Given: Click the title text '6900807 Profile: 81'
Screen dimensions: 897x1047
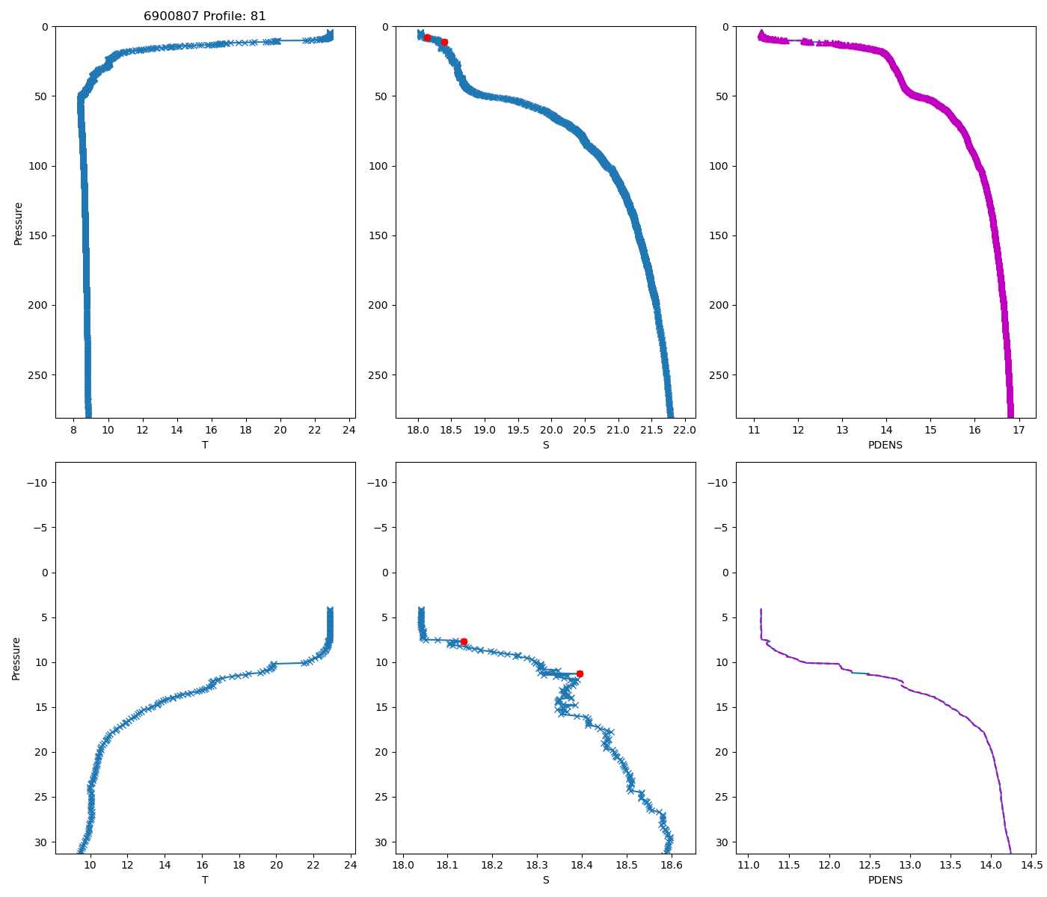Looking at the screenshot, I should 205,16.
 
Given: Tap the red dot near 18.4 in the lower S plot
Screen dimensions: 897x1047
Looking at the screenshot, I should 580,673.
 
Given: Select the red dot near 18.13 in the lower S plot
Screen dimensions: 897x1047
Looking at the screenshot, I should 464,641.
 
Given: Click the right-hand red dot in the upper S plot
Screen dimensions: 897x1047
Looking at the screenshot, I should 444,42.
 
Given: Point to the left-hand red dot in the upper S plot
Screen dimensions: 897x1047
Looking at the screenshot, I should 427,37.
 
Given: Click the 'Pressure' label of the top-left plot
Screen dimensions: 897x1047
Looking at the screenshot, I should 18,223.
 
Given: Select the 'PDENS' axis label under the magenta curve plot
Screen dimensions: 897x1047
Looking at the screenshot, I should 885,445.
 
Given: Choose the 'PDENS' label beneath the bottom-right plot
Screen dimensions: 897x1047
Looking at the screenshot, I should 885,880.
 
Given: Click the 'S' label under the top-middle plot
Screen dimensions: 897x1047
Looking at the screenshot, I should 546,445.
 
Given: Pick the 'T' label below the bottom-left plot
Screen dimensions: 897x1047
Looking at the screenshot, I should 205,880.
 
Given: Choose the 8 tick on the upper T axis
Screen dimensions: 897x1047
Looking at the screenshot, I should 73,430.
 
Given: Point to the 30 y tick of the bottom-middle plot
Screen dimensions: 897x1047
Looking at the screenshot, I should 382,842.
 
